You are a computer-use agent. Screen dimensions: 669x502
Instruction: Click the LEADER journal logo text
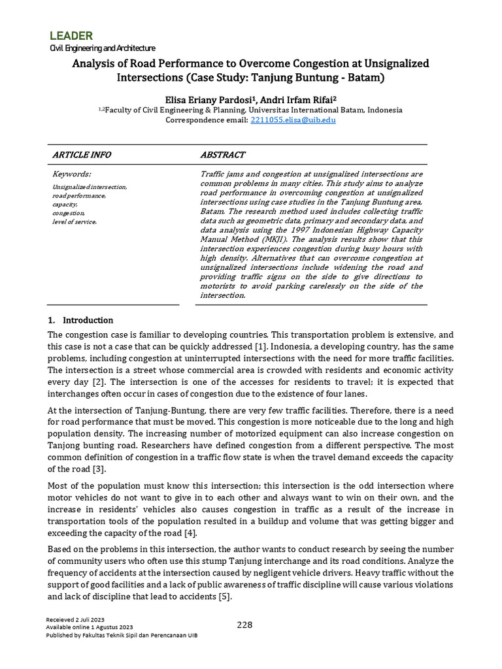71,35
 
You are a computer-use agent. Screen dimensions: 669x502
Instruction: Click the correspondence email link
293,120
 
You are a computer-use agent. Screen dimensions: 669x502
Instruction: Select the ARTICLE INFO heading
82,155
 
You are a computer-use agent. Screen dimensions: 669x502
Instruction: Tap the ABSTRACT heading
222,155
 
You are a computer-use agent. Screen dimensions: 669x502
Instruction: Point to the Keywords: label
71,174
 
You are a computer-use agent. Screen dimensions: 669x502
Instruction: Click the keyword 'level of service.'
75,222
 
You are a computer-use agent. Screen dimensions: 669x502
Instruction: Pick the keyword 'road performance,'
79,195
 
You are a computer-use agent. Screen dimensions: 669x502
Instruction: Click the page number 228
244,625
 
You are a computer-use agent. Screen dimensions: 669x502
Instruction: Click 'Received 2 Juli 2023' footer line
75,619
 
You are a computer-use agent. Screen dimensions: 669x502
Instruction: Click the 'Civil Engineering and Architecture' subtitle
103,48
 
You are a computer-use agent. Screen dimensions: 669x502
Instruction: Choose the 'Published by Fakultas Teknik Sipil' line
122,635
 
